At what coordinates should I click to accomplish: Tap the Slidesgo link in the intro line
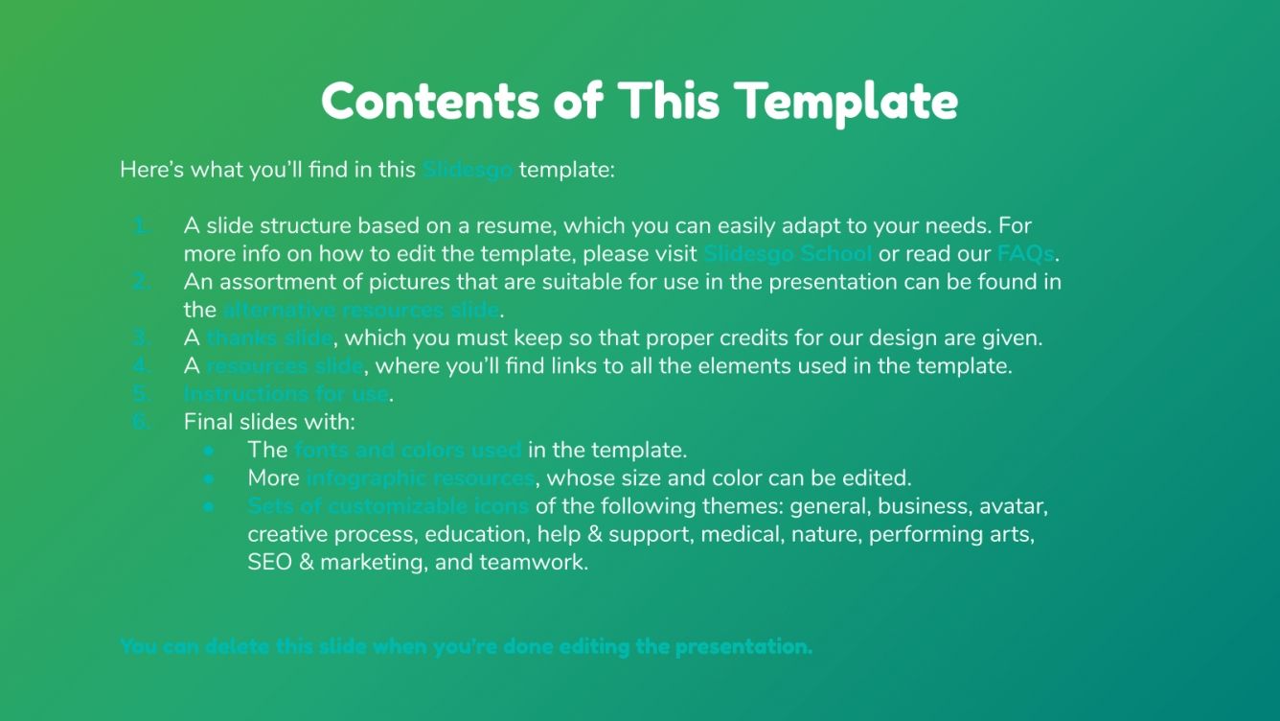pyautogui.click(x=468, y=171)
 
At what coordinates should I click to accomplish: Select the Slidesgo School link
pyautogui.click(x=788, y=254)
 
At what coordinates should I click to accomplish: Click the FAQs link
pyautogui.click(x=1025, y=254)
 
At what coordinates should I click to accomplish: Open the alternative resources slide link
pyautogui.click(x=361, y=310)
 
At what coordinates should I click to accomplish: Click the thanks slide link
pyautogui.click(x=269, y=337)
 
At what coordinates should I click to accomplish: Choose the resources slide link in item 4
pyautogui.click(x=285, y=365)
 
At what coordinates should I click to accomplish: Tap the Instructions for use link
pyautogui.click(x=286, y=393)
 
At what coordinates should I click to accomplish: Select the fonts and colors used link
pyautogui.click(x=408, y=450)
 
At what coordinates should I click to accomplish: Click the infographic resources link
pyautogui.click(x=420, y=477)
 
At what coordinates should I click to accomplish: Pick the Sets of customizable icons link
pyautogui.click(x=388, y=505)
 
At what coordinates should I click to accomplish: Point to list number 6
pyautogui.click(x=142, y=422)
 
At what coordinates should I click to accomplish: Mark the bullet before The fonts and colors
pyautogui.click(x=208, y=450)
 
